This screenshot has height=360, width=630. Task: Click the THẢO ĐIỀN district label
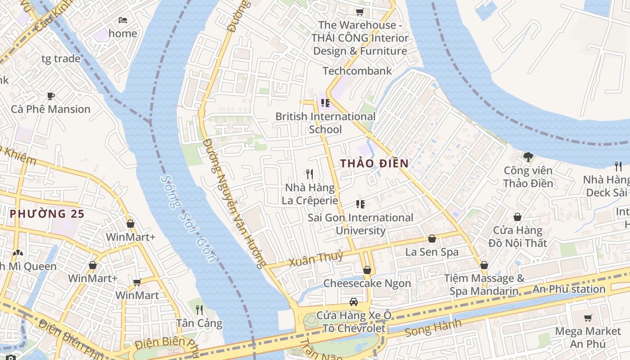374,163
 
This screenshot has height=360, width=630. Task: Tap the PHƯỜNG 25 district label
47,214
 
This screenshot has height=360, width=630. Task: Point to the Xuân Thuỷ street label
316,259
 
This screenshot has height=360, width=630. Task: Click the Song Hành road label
433,328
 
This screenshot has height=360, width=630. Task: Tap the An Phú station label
569,289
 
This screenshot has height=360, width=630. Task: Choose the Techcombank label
357,71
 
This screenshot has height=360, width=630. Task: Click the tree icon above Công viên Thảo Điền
528,157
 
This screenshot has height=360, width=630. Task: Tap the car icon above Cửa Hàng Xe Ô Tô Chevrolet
354,301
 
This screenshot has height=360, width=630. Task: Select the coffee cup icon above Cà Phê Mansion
51,96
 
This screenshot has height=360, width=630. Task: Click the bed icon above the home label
123,20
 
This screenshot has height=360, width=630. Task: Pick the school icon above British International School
325,103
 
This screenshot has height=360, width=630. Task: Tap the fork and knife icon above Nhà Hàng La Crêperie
310,174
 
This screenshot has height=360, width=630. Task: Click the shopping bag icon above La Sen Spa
432,238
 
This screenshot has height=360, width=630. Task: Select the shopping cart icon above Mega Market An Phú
588,318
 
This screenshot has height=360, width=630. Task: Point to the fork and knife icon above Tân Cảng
199,310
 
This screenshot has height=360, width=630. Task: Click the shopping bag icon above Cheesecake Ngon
367,270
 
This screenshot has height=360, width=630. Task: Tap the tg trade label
61,58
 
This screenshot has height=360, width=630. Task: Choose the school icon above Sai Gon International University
360,204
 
